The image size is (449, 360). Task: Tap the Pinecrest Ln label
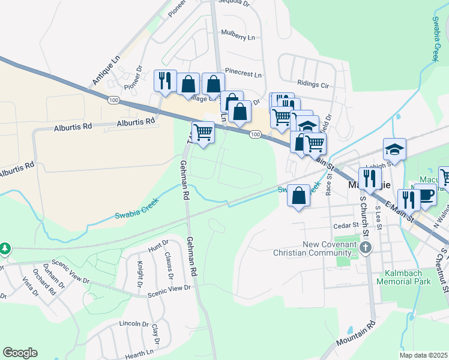coord(243,75)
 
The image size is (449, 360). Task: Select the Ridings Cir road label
coord(313,84)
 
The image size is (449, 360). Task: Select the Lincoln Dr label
coord(134,323)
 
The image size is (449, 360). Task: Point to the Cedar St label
coord(346,226)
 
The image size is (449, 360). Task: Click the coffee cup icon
coord(427,196)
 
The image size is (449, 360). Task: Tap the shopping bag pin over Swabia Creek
coord(298,196)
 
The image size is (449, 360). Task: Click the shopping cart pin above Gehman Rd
coord(203,131)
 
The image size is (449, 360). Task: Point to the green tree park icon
coord(5,248)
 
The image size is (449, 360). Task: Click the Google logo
coord(20,353)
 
